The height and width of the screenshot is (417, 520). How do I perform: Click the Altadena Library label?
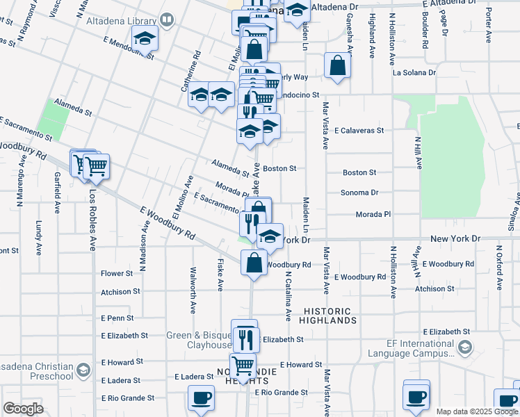(121, 21)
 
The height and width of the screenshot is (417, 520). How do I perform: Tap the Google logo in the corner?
(23, 409)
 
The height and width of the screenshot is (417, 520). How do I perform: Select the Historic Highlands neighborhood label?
(328, 316)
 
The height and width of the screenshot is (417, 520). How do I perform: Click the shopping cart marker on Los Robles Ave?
(96, 167)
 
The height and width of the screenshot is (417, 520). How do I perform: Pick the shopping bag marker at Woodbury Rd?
(254, 263)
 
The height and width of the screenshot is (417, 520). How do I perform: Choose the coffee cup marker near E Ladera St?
(202, 398)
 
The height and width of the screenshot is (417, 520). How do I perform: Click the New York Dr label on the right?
(455, 238)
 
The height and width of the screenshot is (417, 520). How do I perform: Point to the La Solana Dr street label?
(414, 72)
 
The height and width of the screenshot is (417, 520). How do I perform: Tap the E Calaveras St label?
(359, 130)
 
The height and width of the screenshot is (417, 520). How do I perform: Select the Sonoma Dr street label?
(359, 193)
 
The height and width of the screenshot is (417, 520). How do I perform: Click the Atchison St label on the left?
(121, 291)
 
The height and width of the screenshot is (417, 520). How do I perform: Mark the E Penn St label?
(117, 318)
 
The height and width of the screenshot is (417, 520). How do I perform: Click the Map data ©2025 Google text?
(477, 411)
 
